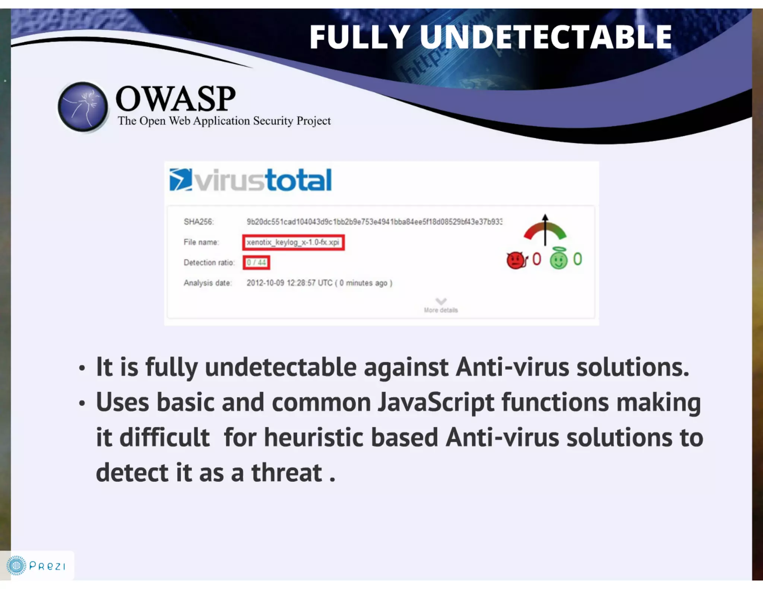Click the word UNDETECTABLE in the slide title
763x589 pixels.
point(546,37)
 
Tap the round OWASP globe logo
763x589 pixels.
point(83,107)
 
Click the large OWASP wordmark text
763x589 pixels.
point(175,99)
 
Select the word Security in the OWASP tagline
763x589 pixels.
point(273,121)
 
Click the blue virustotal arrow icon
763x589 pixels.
point(181,179)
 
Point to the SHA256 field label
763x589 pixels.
point(199,222)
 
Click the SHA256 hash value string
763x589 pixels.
point(374,222)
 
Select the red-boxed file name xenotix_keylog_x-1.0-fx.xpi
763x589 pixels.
point(293,242)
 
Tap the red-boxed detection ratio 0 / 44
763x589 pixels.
point(256,262)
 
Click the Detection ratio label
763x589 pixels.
point(209,262)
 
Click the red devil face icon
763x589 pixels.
point(516,260)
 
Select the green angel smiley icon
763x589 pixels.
point(558,260)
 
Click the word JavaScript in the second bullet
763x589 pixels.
point(436,402)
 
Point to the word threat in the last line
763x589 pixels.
point(286,473)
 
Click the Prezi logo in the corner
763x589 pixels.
point(37,566)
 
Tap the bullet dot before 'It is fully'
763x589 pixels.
point(82,369)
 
